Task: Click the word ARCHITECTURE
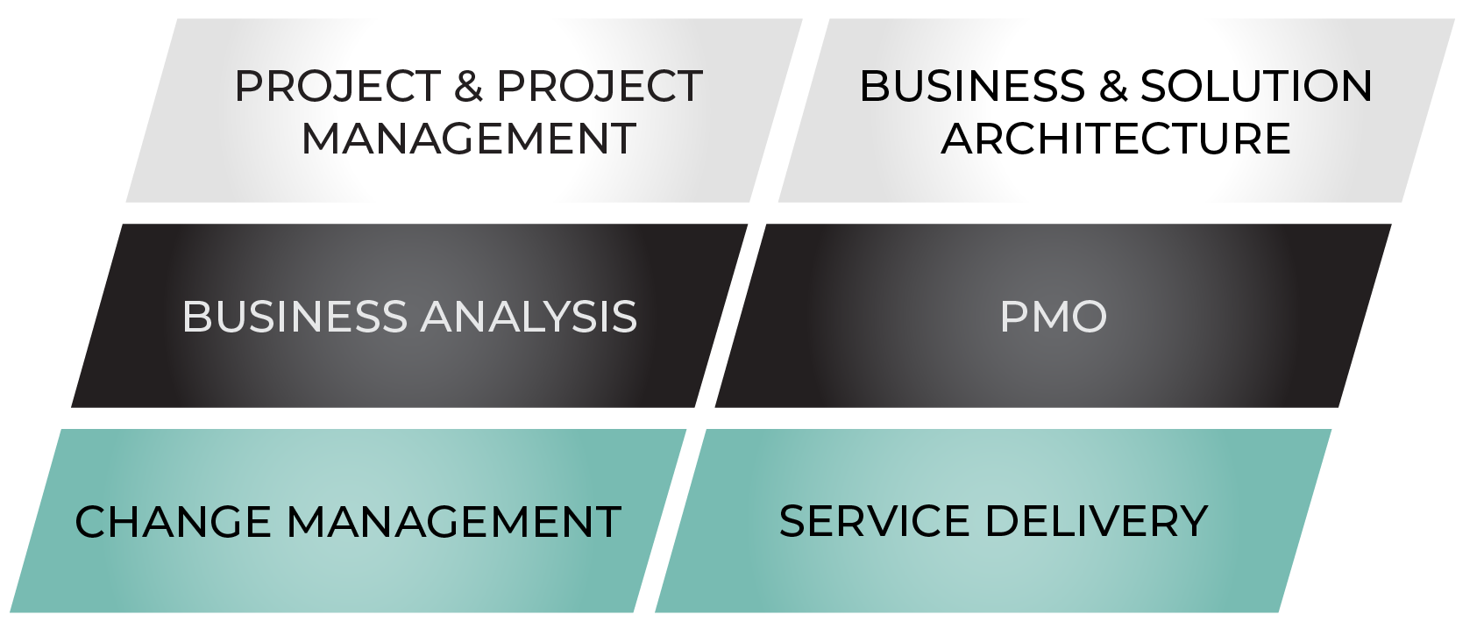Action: coord(1117,139)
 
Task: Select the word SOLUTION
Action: coord(1256,86)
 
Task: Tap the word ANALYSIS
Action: coord(529,316)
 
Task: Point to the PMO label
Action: coord(1054,316)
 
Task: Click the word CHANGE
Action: coord(173,522)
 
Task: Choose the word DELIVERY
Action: coord(1097,521)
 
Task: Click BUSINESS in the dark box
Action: coord(295,316)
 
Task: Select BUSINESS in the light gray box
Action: coord(973,86)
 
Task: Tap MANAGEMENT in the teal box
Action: coord(454,522)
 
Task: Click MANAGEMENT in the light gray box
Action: coord(469,139)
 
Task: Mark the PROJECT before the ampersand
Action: coord(337,86)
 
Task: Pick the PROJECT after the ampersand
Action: coord(600,86)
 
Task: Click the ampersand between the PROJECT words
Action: coord(468,86)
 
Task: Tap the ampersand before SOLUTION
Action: coord(1113,86)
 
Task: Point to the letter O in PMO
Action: coord(1088,316)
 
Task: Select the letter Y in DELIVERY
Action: coord(1192,521)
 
